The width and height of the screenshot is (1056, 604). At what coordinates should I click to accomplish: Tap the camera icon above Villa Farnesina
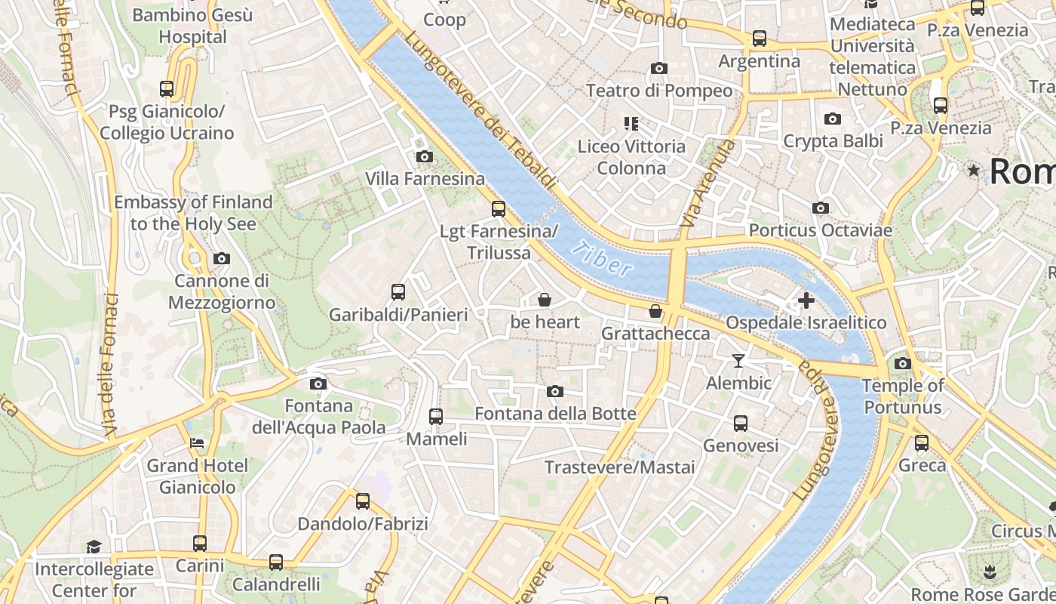tap(425, 156)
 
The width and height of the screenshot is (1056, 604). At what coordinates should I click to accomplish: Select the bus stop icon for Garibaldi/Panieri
tap(398, 292)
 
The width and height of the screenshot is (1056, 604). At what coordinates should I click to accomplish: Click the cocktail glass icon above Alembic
tap(738, 361)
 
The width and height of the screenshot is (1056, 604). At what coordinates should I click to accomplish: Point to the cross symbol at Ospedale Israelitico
tap(806, 300)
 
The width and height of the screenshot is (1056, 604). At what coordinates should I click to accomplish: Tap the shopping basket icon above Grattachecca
tap(655, 311)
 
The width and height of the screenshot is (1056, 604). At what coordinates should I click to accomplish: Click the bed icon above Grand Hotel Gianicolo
tap(197, 443)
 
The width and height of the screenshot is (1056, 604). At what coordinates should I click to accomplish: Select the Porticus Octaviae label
tap(821, 230)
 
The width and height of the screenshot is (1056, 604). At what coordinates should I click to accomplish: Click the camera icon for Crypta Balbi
tap(833, 119)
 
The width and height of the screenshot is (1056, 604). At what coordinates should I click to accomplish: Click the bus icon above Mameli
tap(436, 416)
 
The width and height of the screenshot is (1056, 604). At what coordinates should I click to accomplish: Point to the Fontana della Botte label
tap(555, 414)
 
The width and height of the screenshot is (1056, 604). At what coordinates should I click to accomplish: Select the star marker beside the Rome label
tap(974, 171)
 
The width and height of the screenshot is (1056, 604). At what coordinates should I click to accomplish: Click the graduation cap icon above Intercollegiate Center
tap(94, 546)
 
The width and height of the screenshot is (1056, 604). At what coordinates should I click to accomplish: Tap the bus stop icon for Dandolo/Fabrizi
tap(363, 501)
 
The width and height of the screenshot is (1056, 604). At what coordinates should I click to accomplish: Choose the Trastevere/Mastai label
tap(619, 467)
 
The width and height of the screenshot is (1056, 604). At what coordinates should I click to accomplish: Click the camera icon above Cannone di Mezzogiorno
tap(221, 259)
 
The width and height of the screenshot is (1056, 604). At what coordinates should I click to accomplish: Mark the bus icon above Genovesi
tap(741, 424)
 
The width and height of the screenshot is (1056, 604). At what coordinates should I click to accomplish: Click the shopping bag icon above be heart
tap(545, 300)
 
